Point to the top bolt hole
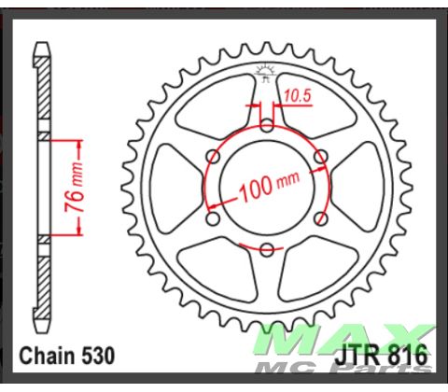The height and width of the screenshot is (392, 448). pyautogui.click(x=267, y=125)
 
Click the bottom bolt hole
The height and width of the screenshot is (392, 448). pyautogui.click(x=267, y=248)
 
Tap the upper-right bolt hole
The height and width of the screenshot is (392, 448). pyautogui.click(x=320, y=156)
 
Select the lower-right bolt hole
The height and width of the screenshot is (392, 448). pyautogui.click(x=320, y=217)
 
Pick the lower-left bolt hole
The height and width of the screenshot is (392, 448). pyautogui.click(x=214, y=217)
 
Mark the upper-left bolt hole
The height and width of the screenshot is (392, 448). pyautogui.click(x=214, y=156)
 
